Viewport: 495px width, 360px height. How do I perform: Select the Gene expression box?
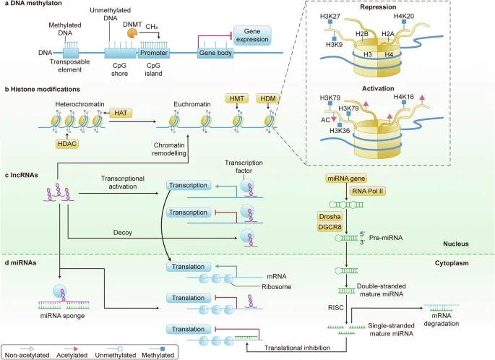(x=252, y=34)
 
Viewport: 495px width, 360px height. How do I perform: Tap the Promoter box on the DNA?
(x=155, y=53)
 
